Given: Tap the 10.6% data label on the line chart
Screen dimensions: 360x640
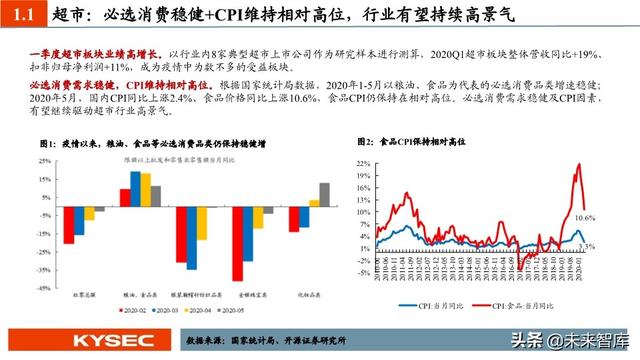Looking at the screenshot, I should [x=587, y=217].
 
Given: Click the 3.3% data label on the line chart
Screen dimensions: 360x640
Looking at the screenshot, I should [x=587, y=246].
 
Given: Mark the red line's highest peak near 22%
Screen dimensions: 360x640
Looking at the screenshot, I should [x=578, y=165].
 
